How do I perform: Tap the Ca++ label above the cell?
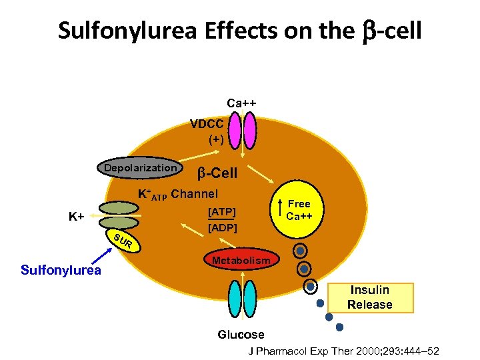pyautogui.click(x=241, y=103)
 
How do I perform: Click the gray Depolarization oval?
pyautogui.click(x=141, y=168)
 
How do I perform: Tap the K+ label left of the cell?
pyautogui.click(x=77, y=217)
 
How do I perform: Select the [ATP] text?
pyautogui.click(x=221, y=211)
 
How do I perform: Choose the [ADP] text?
pyautogui.click(x=221, y=227)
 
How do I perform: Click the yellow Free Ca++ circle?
pyautogui.click(x=298, y=209)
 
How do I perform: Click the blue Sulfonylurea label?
pyautogui.click(x=61, y=269)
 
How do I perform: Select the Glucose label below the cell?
pyautogui.click(x=241, y=334)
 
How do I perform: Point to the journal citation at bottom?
pyautogui.click(x=344, y=351)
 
